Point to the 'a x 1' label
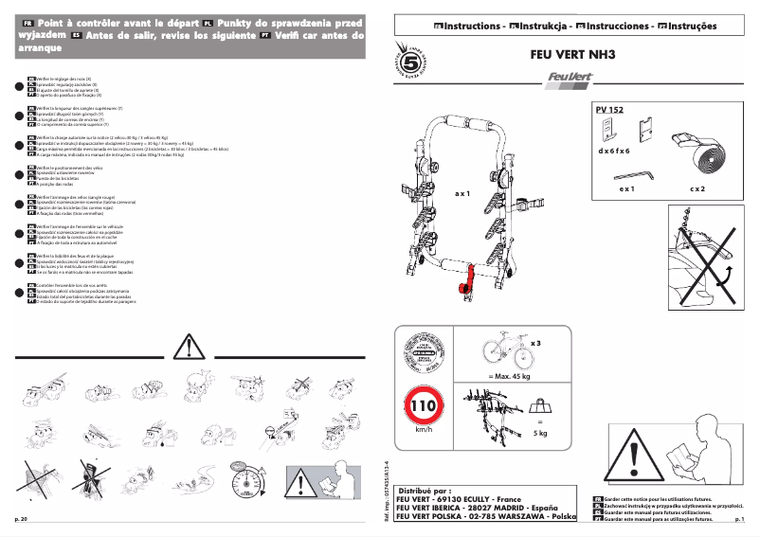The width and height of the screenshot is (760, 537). [x=462, y=193]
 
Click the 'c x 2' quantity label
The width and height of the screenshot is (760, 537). [x=697, y=189]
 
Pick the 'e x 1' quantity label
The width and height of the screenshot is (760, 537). [x=626, y=189]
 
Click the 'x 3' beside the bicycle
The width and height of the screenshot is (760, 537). [x=535, y=343]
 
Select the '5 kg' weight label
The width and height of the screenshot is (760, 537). [x=540, y=433]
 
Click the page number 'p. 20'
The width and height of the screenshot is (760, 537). [x=21, y=520]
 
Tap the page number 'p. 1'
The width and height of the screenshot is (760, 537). [x=739, y=520]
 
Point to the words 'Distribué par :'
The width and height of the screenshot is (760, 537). [x=425, y=492]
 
